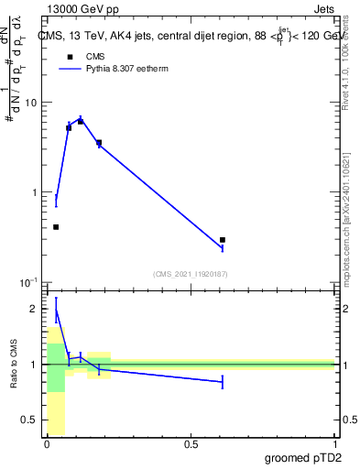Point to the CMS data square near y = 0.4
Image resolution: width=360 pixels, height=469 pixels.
(x=56, y=227)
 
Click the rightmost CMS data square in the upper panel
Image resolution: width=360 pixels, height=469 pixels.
(x=223, y=240)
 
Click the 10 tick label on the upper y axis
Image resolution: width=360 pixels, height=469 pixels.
(x=30, y=103)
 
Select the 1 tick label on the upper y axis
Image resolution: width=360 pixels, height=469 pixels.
(x=34, y=192)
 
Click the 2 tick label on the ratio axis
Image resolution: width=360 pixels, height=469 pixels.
(x=35, y=309)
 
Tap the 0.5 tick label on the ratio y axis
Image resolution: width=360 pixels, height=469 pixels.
(x=30, y=420)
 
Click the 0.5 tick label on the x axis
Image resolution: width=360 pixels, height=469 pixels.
(x=191, y=444)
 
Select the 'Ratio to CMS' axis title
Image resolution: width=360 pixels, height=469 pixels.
(x=14, y=366)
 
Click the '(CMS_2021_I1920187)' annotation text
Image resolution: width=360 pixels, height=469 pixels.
(x=190, y=273)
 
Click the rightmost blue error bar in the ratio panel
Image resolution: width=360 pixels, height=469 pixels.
(x=223, y=382)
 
